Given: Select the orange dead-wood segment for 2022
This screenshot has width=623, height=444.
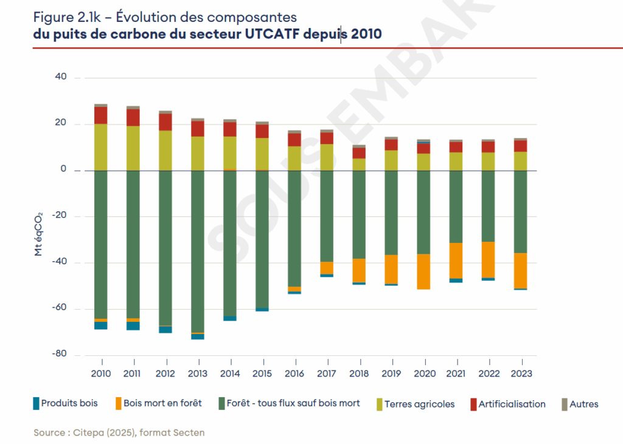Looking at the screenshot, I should click(x=488, y=259).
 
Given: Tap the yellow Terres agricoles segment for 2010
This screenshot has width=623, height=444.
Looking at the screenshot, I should click(x=101, y=147).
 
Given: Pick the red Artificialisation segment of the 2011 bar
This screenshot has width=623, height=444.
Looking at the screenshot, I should click(x=133, y=117).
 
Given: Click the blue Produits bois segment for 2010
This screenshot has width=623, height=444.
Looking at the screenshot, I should click(x=101, y=325).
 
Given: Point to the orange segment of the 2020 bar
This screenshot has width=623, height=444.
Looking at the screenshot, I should click(x=423, y=272).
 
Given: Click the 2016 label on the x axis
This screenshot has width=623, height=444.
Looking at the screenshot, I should click(x=294, y=373).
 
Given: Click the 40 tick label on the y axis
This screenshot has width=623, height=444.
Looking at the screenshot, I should click(x=60, y=78).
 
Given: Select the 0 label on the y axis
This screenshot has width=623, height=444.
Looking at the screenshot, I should click(x=62, y=170).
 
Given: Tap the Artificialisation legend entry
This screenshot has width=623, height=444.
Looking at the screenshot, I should click(x=512, y=403).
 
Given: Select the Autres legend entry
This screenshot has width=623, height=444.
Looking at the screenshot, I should click(x=583, y=403).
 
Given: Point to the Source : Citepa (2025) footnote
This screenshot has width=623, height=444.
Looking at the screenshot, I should click(x=119, y=432).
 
